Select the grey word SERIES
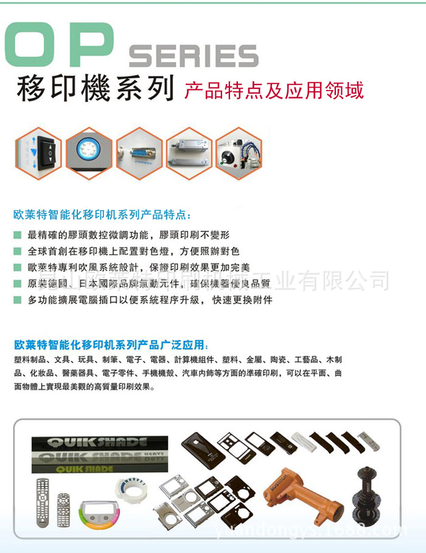pos(194,57)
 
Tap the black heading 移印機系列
pos(95,89)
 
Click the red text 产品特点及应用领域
pos(274,90)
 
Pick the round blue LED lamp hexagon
pos(89,150)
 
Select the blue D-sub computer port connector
pos(139,150)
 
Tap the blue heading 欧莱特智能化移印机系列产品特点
pos(102,215)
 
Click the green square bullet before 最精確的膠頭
pos(18,235)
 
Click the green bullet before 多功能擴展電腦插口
pos(18,301)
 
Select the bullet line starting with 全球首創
pos(134,251)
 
